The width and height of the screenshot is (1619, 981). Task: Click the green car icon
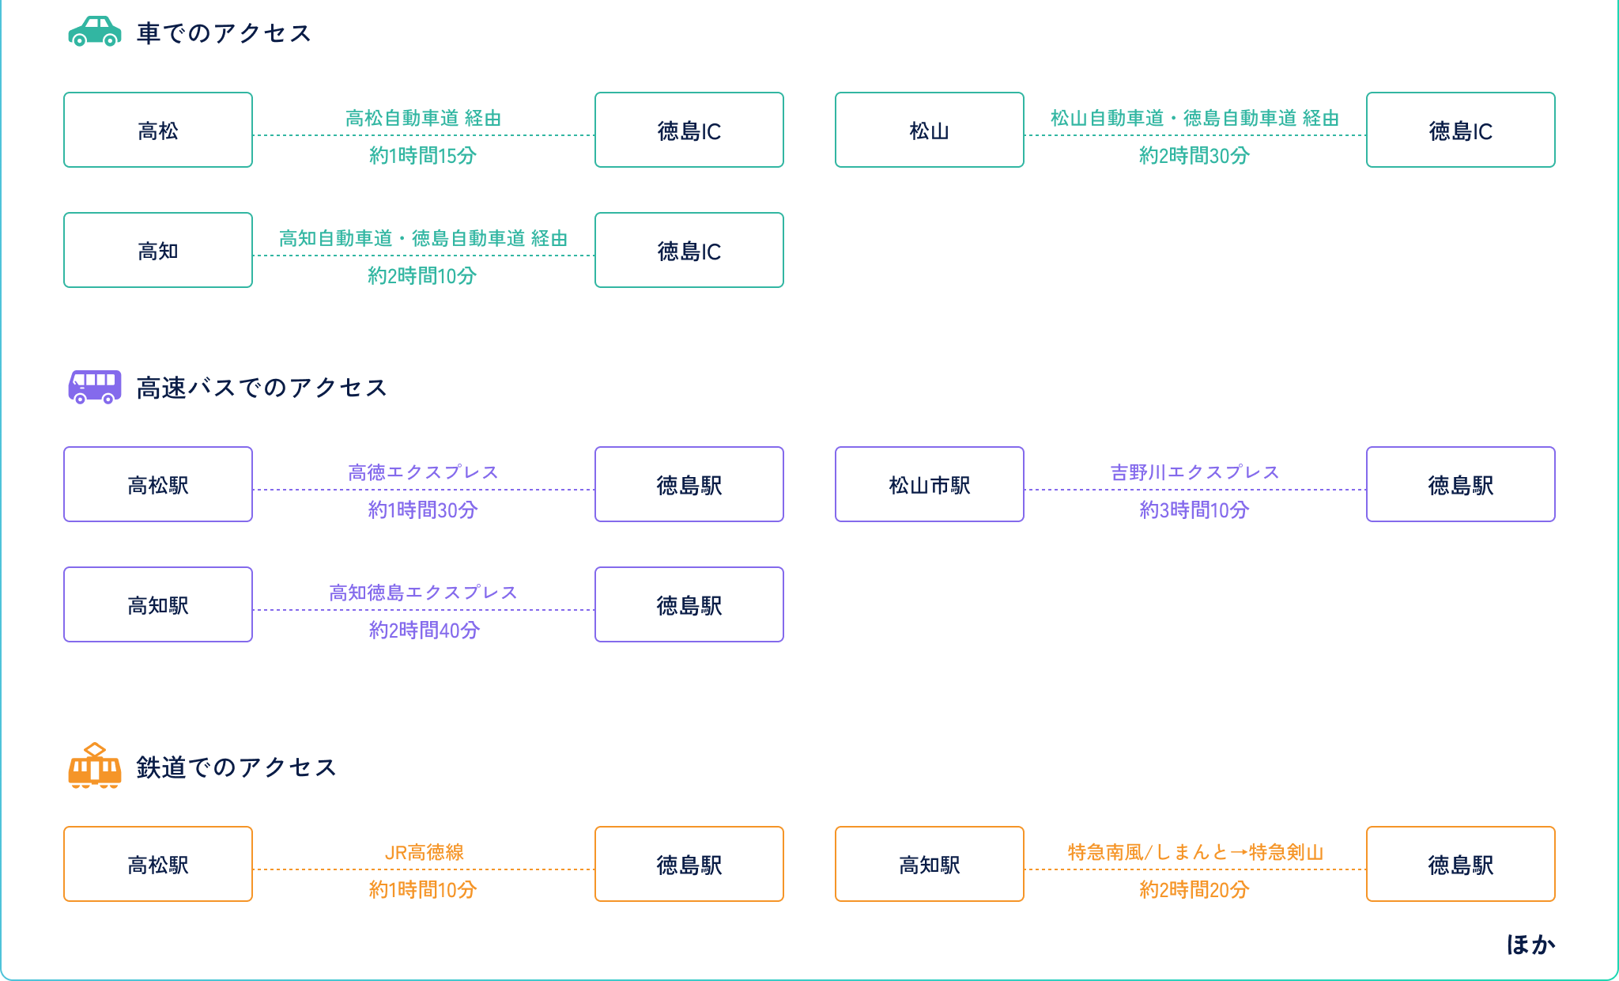click(95, 32)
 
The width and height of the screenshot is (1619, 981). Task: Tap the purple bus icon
click(95, 387)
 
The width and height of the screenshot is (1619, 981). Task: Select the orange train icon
click(95, 766)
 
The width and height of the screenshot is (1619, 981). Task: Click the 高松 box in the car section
click(158, 131)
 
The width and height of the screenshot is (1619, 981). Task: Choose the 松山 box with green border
click(929, 131)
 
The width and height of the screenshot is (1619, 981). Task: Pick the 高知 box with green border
click(158, 251)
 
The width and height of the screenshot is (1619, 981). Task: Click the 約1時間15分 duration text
click(423, 156)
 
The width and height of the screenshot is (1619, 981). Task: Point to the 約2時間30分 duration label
click(1194, 156)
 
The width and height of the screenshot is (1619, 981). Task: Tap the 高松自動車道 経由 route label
click(423, 119)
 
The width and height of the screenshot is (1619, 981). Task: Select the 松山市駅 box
click(929, 485)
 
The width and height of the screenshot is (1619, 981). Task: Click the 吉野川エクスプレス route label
click(1194, 472)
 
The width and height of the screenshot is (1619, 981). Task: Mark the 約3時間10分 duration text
click(1194, 510)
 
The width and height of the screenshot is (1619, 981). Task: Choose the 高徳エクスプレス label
click(423, 472)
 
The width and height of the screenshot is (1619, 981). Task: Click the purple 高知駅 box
click(158, 605)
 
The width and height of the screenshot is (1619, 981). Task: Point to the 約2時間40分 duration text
click(424, 631)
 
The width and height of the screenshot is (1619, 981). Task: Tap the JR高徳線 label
click(424, 852)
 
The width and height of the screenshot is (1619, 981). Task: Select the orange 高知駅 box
click(929, 865)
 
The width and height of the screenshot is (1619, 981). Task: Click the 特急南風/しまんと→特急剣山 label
click(1194, 852)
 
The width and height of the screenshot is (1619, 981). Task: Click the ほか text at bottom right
click(1530, 945)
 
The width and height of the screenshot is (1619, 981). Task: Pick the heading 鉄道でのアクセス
click(236, 767)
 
